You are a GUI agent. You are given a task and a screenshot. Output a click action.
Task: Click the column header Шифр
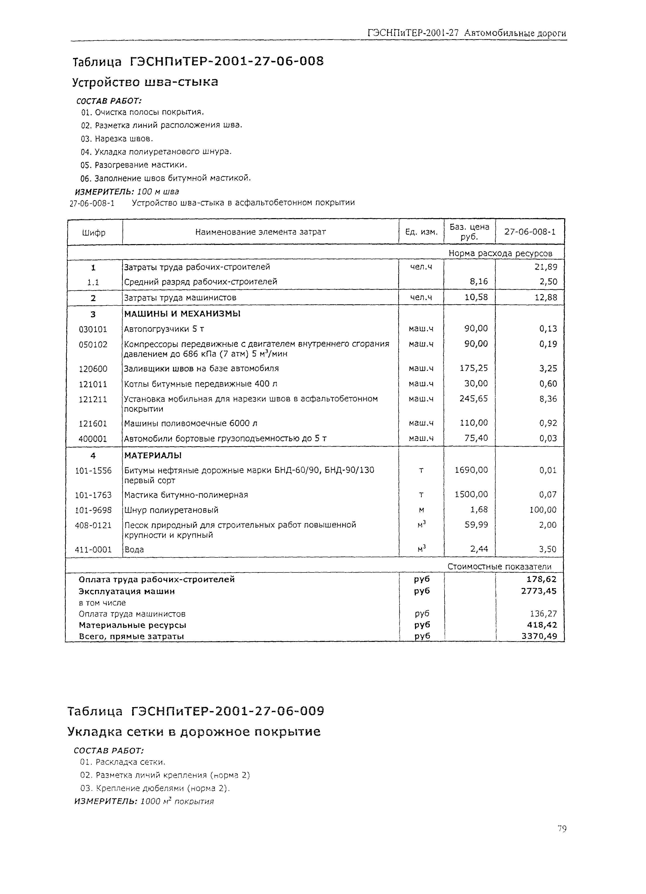click(94, 233)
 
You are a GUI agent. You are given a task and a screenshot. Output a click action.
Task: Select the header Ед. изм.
click(421, 232)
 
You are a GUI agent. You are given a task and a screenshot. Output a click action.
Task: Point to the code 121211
click(93, 399)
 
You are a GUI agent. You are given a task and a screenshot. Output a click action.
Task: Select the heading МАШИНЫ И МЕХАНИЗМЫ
click(182, 314)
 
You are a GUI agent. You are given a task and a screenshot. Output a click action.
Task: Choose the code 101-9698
click(93, 510)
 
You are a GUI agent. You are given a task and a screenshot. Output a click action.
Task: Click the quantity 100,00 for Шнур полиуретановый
click(543, 510)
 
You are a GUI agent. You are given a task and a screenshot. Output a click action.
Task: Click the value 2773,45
click(539, 591)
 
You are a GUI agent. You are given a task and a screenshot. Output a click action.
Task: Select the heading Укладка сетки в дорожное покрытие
click(194, 732)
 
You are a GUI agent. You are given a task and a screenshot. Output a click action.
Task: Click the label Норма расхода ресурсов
click(500, 253)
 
